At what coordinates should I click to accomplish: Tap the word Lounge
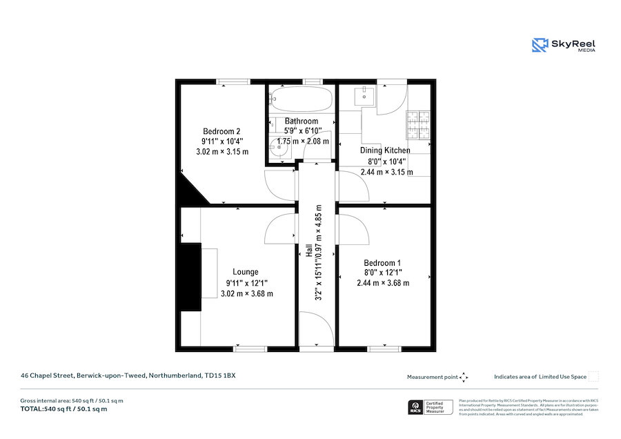246,272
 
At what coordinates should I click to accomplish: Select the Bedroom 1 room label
382,263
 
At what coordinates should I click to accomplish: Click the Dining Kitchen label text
385,150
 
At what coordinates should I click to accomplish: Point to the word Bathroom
302,121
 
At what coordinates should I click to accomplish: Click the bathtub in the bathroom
300,99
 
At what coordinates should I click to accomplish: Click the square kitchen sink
366,96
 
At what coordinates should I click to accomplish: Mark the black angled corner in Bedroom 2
193,191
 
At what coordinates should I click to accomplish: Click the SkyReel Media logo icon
540,46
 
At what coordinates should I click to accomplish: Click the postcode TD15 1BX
221,375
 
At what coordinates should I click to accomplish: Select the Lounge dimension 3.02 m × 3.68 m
246,293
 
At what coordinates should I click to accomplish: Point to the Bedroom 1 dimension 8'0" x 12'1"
382,273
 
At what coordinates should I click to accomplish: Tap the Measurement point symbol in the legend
464,377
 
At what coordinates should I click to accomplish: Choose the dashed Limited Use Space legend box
593,376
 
